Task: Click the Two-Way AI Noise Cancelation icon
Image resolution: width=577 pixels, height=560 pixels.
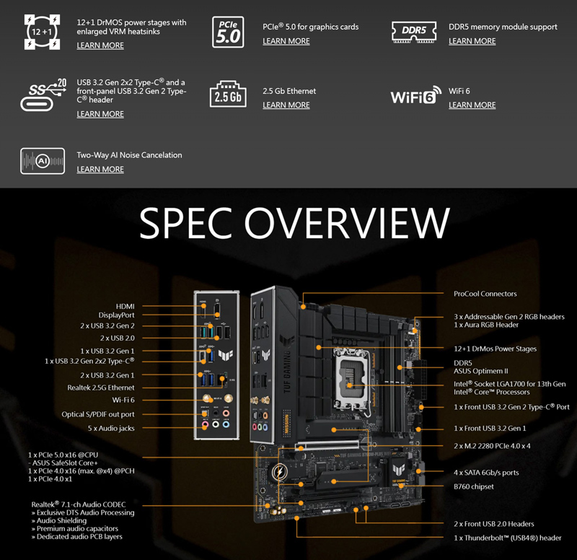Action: pyautogui.click(x=42, y=161)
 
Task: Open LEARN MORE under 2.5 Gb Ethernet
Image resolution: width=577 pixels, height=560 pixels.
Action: pyautogui.click(x=286, y=105)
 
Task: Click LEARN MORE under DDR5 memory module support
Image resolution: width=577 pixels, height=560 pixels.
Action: pyautogui.click(x=472, y=41)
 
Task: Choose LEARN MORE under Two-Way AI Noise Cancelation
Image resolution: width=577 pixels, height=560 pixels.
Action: pyautogui.click(x=100, y=170)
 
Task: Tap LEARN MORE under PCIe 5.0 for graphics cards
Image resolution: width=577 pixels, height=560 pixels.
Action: pyautogui.click(x=286, y=41)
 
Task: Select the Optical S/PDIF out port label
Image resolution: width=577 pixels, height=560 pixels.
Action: pyautogui.click(x=98, y=414)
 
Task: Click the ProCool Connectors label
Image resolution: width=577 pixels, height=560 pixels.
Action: pyautogui.click(x=485, y=294)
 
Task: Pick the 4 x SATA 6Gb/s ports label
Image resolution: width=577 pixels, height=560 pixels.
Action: pyautogui.click(x=486, y=473)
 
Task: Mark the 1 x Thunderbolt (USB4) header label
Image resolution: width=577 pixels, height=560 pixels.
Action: pyautogui.click(x=507, y=538)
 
